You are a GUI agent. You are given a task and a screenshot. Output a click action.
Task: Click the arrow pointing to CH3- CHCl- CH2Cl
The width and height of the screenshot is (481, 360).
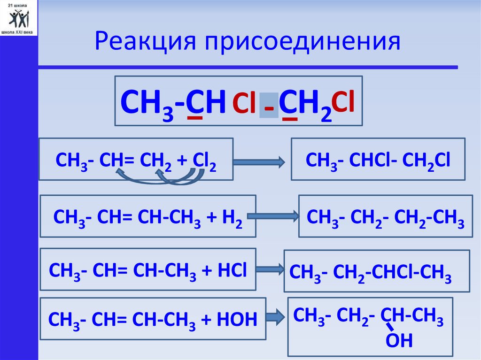(259, 162)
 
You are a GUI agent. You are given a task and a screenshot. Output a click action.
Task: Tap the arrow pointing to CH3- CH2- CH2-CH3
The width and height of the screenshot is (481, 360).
(272, 216)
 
